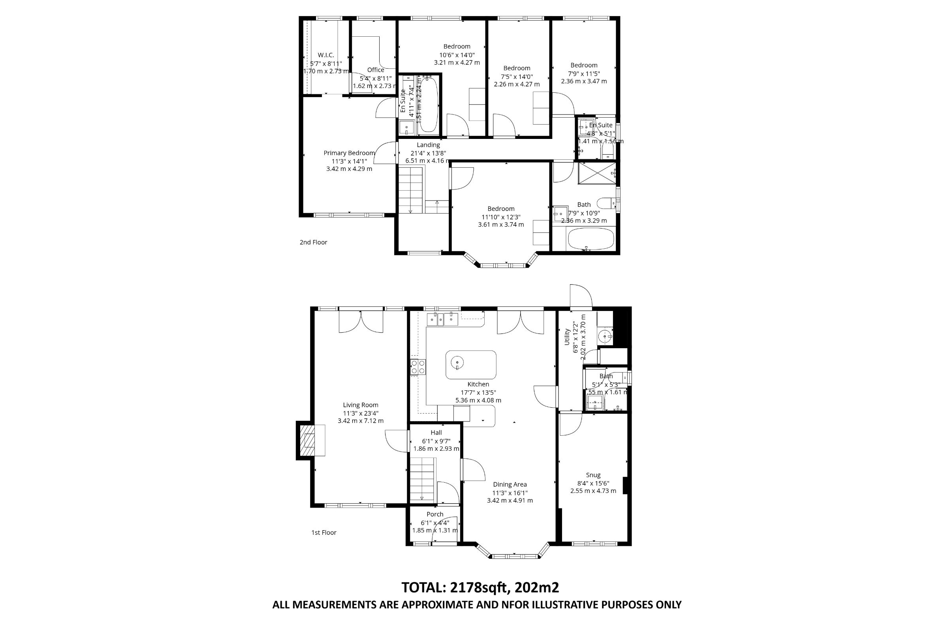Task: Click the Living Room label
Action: point(361,405)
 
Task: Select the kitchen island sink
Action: point(457,363)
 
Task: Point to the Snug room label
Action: point(593,475)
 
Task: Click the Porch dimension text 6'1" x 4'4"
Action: point(434,523)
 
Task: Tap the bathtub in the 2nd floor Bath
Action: point(591,239)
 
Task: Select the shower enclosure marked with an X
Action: point(597,173)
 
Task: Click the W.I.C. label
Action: point(326,55)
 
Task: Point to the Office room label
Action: point(376,70)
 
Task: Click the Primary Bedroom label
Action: point(349,153)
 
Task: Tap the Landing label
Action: point(428,145)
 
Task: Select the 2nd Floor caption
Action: point(313,242)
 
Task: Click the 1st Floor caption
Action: point(324,532)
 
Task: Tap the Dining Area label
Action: point(510,484)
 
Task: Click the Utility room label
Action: point(566,337)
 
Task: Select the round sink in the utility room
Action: point(606,337)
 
